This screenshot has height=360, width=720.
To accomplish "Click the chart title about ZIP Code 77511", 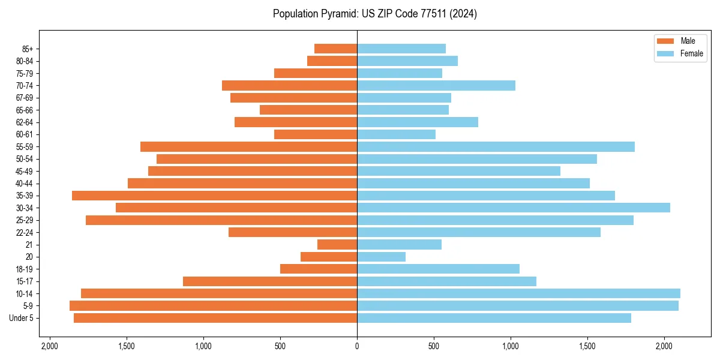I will tap(374, 14).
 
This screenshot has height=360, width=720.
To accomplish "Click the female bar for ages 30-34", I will tap(513, 208).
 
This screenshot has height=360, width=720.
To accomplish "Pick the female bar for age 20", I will tap(381, 257).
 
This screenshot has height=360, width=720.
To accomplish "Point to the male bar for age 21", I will tap(337, 245).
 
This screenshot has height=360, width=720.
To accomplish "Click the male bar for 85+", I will tap(335, 49).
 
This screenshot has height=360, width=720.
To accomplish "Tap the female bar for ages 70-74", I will tap(436, 85).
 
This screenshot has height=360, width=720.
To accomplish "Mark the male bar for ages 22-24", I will tap(293, 232).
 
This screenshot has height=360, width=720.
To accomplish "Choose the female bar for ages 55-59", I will tap(496, 146).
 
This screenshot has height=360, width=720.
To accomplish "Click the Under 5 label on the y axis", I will tap(22, 318).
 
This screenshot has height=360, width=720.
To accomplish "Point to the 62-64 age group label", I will tap(25, 122).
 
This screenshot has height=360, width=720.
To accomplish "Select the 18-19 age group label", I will tap(25, 269).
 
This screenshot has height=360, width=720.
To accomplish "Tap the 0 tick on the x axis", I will tap(357, 346).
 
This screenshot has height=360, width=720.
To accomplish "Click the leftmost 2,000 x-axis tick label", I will tap(50, 346).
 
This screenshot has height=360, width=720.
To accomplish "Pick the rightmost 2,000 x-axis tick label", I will tap(664, 346).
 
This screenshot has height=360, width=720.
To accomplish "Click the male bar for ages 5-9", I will tap(213, 305).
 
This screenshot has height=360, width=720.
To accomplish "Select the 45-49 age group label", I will tap(25, 171).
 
